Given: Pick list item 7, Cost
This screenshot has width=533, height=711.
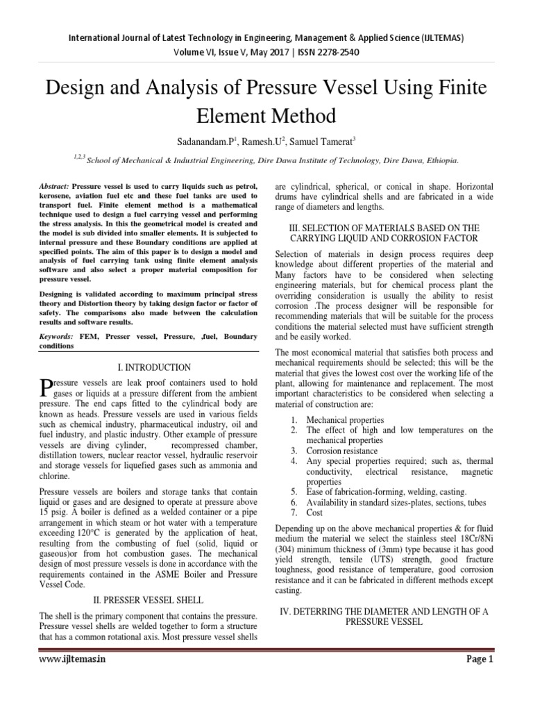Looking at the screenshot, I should (x=314, y=512).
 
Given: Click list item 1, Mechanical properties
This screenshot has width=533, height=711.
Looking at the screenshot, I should (x=344, y=420).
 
